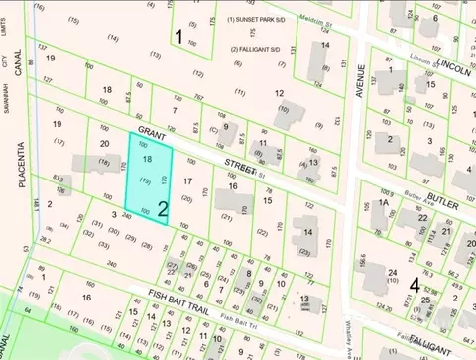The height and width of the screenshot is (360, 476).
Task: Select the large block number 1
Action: point(178,37)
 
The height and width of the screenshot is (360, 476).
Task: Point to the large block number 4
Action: point(414,285)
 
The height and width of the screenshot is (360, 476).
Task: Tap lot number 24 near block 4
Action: point(394,272)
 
